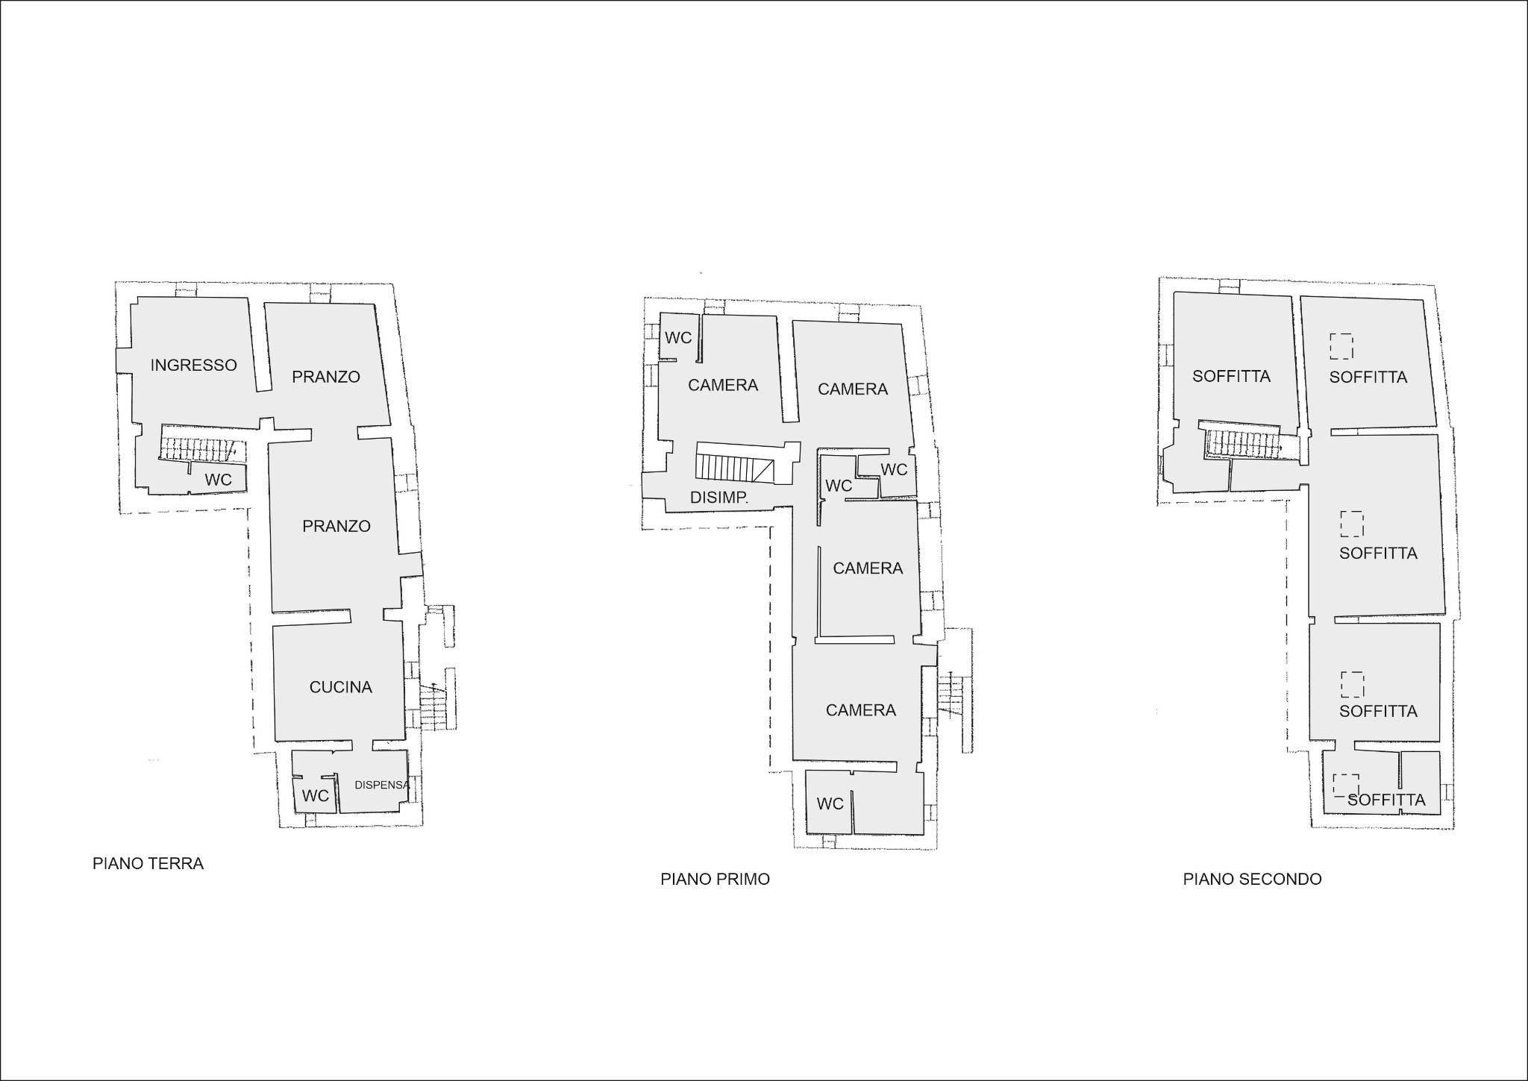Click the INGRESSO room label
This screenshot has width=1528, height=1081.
point(194,365)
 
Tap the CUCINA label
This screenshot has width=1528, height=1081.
point(341,687)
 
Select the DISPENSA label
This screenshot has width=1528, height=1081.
point(382,785)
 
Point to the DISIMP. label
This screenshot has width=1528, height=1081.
point(719,498)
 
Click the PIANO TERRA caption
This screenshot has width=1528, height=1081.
point(148,864)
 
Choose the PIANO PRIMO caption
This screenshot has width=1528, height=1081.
point(715,880)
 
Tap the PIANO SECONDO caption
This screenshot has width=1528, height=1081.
point(1253,880)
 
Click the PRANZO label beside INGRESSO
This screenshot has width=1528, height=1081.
point(326,377)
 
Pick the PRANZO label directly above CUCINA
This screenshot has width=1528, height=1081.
point(336,526)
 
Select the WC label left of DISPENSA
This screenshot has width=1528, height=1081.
point(316,796)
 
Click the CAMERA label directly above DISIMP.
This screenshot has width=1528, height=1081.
point(723,385)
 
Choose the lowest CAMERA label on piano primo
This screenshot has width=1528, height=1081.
point(861,710)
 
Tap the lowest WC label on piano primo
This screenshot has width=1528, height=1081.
point(830,803)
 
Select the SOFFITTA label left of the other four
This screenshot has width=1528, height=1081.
point(1231,376)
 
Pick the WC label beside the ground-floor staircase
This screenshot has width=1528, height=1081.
point(219,480)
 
